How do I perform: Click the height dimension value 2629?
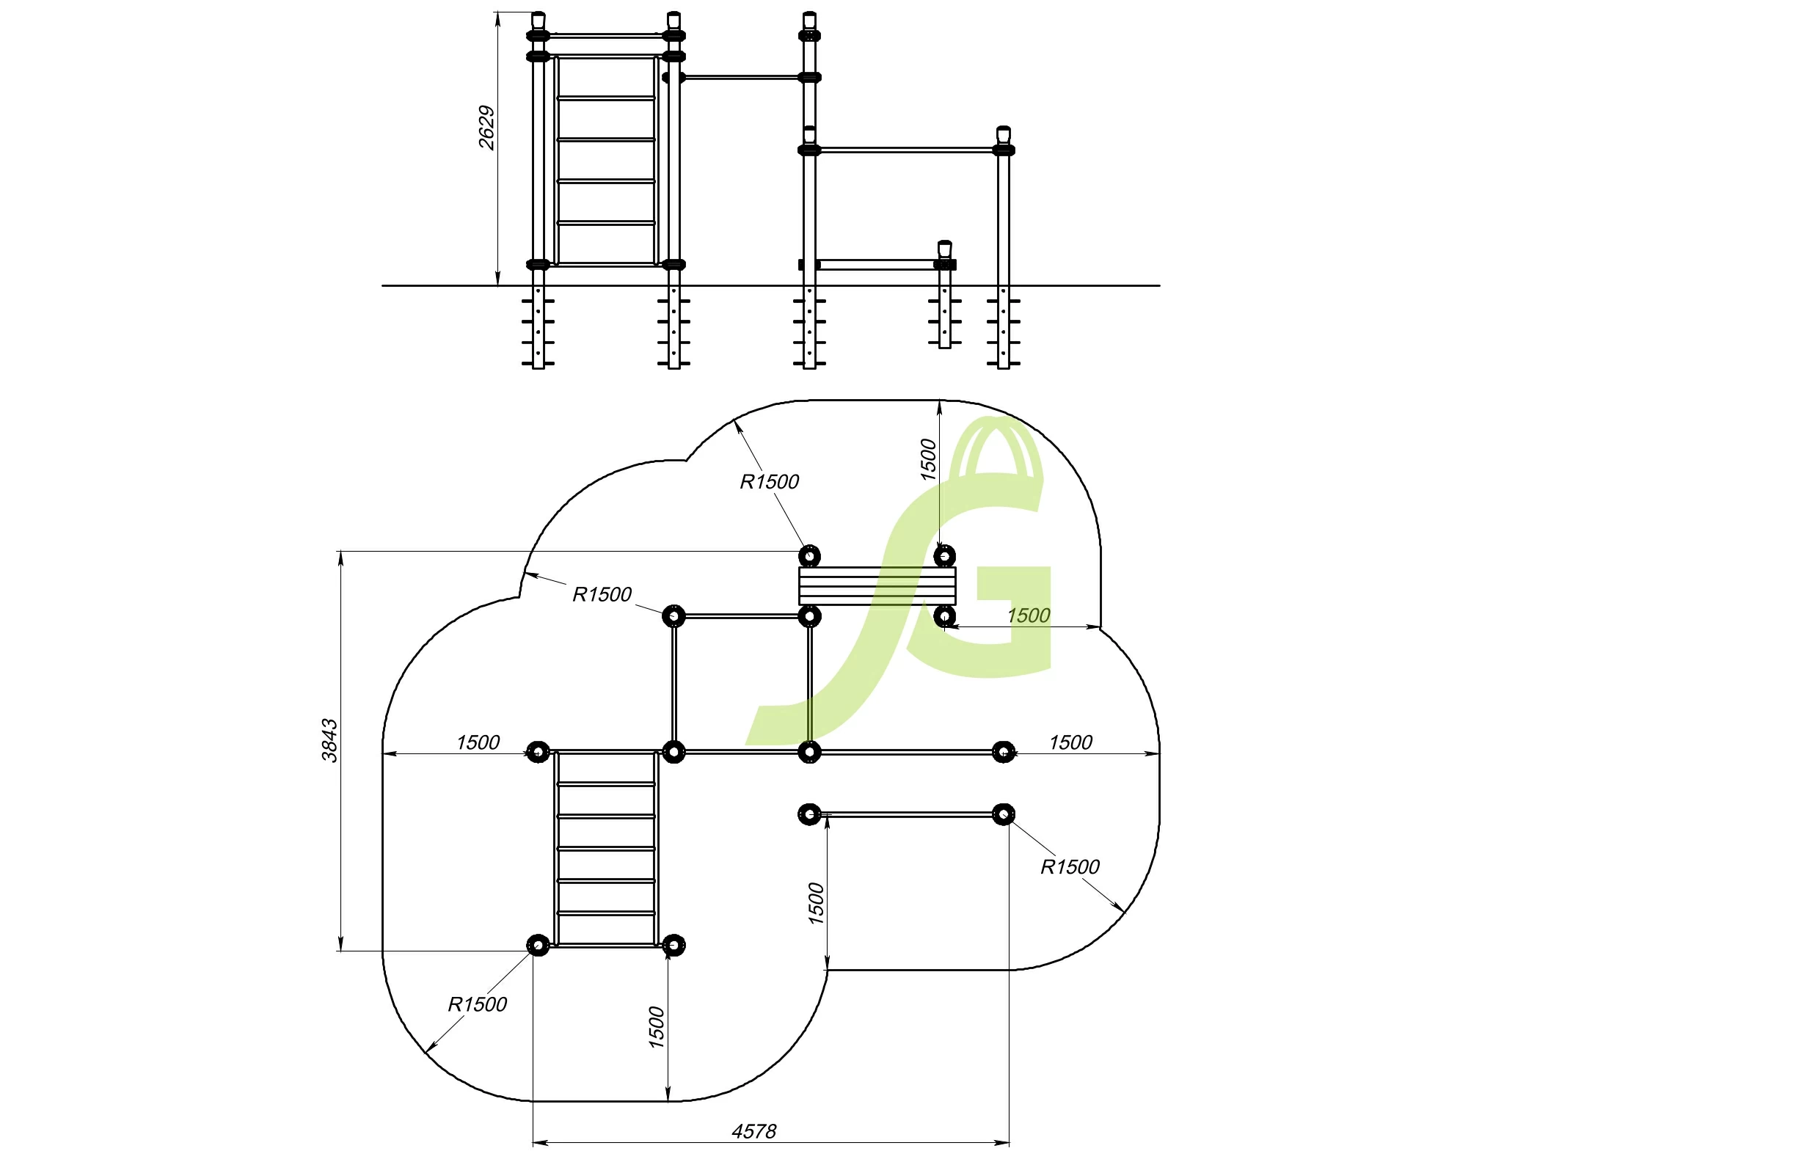486,128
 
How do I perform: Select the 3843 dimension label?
329,740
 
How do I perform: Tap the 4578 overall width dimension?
753,1131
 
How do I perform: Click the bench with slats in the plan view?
876,585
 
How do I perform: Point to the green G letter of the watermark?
988,618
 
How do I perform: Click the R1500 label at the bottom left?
477,1004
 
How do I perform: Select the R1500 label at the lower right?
1069,867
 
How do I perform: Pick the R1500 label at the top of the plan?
769,481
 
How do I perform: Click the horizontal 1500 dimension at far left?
478,742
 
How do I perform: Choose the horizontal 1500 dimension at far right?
1070,742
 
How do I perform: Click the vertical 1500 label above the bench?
928,459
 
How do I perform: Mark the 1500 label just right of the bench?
1028,615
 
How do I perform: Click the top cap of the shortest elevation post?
944,246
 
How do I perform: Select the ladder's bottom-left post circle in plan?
538,945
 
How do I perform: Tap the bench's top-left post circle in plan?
809,556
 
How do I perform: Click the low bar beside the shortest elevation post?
875,264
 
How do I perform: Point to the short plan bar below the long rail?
905,814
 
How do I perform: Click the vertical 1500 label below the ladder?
657,1027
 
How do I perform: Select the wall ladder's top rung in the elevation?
605,98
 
